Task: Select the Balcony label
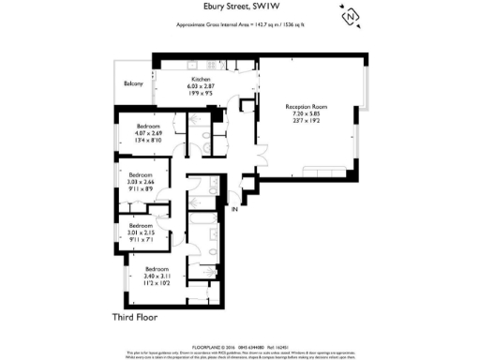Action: tap(133, 84)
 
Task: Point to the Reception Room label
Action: tap(307, 108)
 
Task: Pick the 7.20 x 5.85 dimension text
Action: tap(307, 115)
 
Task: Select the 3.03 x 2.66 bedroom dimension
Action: tap(142, 182)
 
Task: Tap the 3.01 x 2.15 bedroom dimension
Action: tap(142, 233)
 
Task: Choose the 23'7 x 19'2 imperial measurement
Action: tap(307, 123)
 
